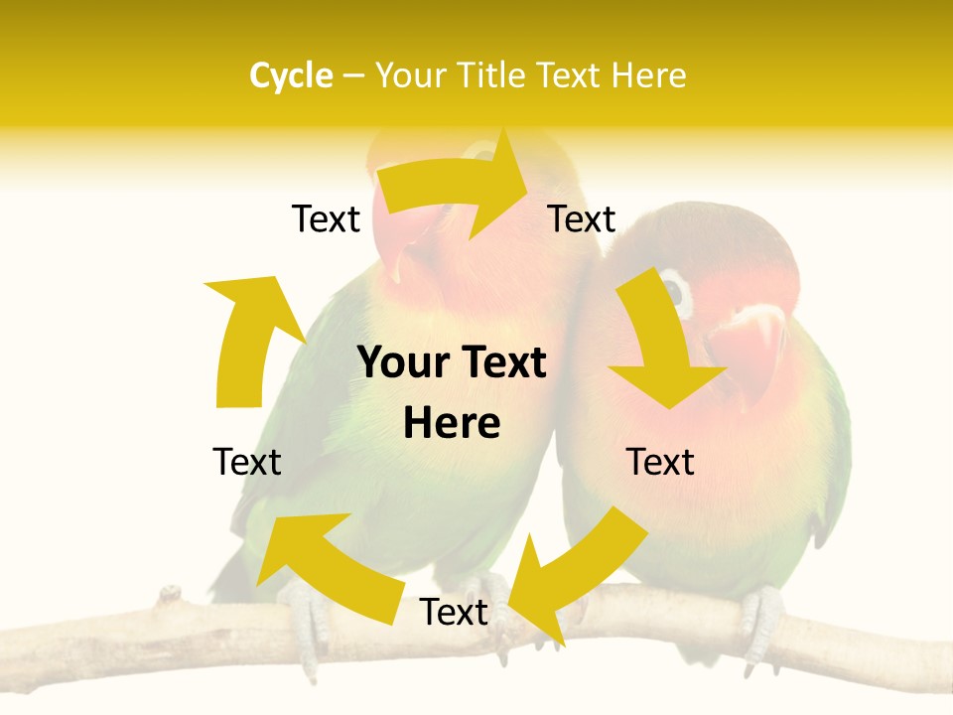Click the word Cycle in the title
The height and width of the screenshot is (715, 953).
click(x=291, y=75)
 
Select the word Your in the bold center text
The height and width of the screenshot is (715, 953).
click(x=401, y=363)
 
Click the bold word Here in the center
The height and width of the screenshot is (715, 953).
click(x=452, y=424)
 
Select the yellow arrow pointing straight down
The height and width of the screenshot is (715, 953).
click(x=662, y=348)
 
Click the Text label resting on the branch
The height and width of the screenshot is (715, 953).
click(x=454, y=613)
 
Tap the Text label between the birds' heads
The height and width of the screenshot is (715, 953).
click(x=582, y=219)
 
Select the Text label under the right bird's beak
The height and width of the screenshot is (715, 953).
click(x=660, y=462)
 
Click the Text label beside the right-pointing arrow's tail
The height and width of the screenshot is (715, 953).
click(x=326, y=219)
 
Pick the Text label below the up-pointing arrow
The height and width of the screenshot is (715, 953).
click(x=247, y=462)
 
